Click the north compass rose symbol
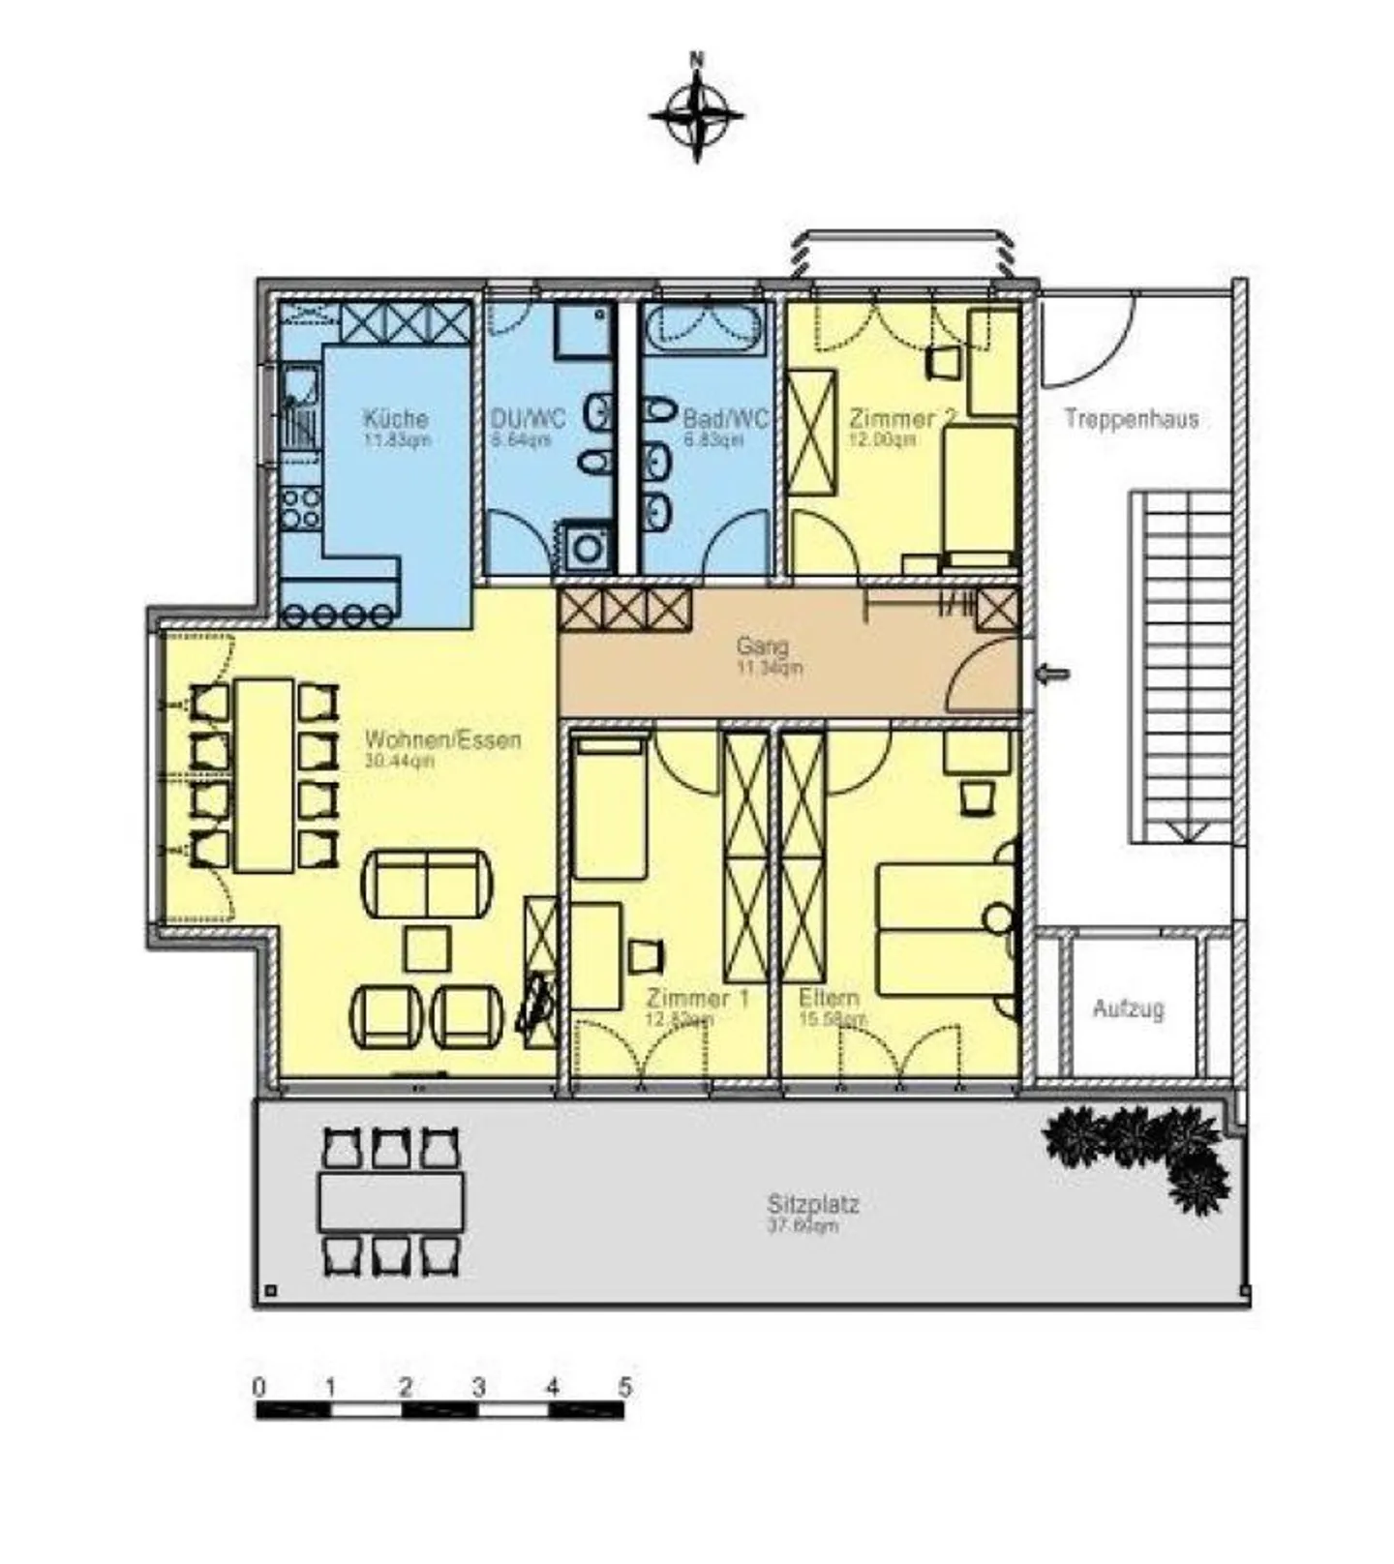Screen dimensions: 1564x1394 tap(697, 115)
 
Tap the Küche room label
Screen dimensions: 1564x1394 tap(395, 418)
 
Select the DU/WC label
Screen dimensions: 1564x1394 tap(528, 418)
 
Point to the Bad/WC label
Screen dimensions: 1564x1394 tap(725, 418)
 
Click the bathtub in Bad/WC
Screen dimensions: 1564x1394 tap(706, 330)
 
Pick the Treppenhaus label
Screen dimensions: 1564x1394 tap(1131, 419)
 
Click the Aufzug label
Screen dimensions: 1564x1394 tap(1128, 1008)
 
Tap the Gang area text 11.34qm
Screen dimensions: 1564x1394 tap(770, 668)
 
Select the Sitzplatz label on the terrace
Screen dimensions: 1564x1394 tap(813, 1204)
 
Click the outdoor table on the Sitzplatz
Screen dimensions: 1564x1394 tap(391, 1202)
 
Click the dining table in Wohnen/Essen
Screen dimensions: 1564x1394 tap(264, 775)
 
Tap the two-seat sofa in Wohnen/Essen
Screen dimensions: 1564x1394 tap(426, 884)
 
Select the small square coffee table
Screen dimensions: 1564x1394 tap(427, 948)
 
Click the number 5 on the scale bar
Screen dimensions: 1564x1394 tap(624, 1386)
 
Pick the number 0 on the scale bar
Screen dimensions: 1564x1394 tap(258, 1386)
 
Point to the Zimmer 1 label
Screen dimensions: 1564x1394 tap(697, 998)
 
